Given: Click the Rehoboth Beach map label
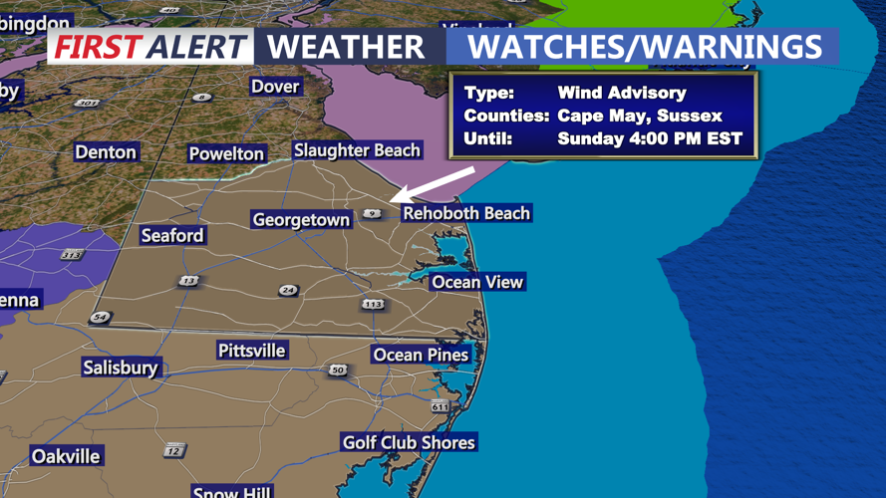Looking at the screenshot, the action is tap(465, 213).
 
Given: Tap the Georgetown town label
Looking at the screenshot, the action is tap(301, 220).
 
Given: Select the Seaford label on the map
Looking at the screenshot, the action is tap(172, 236).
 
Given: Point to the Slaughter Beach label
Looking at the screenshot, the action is tap(357, 150).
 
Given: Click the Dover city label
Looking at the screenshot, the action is tap(275, 87).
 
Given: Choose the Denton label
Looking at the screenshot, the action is tap(106, 152).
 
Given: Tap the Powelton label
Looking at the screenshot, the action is tap(227, 153).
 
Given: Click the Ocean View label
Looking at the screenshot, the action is tap(476, 283).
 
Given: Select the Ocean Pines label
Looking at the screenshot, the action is tap(420, 355).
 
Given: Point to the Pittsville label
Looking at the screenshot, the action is tap(252, 351).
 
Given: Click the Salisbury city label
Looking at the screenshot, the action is tap(121, 368).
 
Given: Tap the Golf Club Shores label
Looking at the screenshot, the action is tap(409, 442).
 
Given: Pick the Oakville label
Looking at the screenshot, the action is tap(66, 456).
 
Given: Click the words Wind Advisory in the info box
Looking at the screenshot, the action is tap(622, 93).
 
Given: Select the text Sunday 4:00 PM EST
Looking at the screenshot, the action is tap(650, 139).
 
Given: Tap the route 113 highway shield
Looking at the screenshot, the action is tap(373, 304).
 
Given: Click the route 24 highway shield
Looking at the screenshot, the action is tap(288, 291).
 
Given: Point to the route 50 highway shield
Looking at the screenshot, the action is tap(338, 371).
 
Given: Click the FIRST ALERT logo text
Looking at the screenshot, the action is tap(150, 47).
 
